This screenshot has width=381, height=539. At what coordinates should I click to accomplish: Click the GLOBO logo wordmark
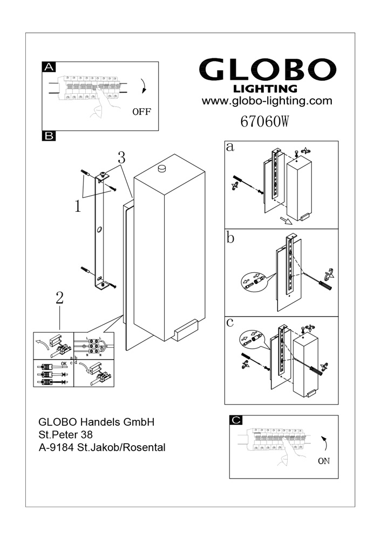point(268,70)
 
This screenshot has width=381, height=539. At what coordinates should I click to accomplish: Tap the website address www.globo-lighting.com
point(267,101)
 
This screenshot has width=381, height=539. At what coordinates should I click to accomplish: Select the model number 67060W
point(264,122)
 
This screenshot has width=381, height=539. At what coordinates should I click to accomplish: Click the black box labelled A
point(49,67)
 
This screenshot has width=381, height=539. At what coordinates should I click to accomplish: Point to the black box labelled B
point(49,135)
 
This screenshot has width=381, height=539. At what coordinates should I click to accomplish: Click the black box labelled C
point(236,420)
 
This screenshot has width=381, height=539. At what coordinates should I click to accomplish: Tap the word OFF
point(141,112)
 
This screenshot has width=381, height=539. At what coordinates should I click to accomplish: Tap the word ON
point(323,461)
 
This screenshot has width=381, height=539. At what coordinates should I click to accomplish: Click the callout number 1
point(78,206)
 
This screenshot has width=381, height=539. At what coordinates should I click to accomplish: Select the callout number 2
point(59,298)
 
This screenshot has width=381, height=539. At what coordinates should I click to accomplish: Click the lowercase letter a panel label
point(230,147)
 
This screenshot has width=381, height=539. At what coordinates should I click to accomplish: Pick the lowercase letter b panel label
point(231,238)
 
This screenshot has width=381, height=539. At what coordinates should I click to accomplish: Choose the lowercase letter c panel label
point(230,322)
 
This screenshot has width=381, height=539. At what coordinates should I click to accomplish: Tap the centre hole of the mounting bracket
point(99,231)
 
